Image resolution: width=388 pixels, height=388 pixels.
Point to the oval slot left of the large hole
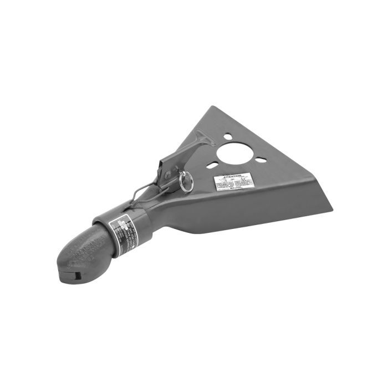(x=211, y=165)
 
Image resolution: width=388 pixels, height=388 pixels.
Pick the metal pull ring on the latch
(x=187, y=181)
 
